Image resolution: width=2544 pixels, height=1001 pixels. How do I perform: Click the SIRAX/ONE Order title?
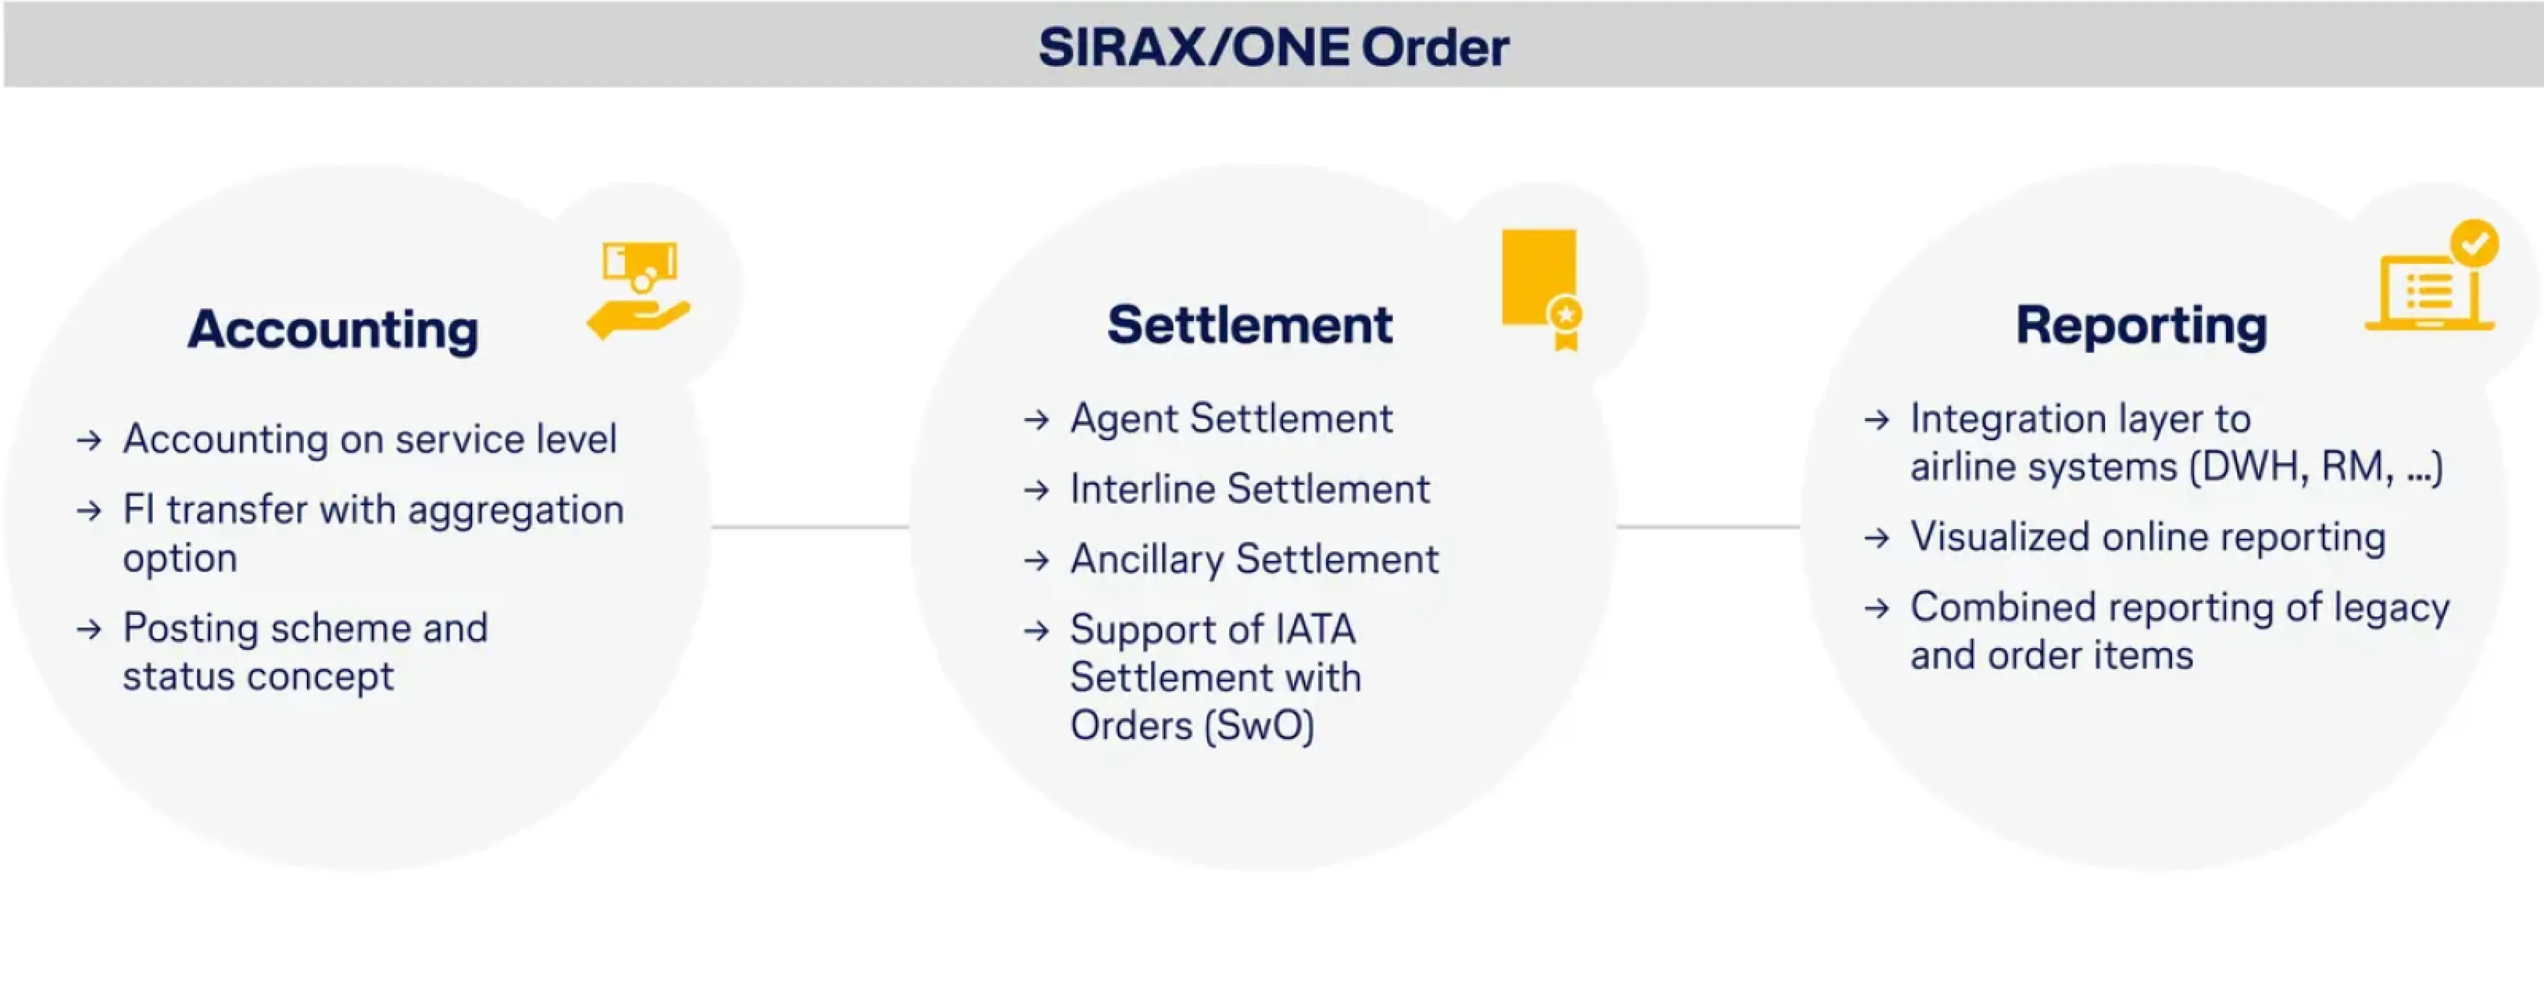click(1273, 46)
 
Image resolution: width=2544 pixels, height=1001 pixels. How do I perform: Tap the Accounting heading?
click(334, 328)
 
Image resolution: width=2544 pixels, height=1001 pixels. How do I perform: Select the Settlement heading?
click(1249, 325)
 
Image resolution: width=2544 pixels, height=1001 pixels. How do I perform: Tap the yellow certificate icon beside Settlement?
click(1542, 289)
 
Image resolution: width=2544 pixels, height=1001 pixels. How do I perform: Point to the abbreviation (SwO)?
click(1259, 726)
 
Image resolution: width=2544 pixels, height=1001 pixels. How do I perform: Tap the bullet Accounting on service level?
click(369, 439)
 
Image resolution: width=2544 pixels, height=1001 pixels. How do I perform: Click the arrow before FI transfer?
click(90, 511)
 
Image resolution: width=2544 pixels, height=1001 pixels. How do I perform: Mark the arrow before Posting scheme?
click(90, 629)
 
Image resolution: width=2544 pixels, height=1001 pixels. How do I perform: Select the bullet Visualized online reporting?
click(2148, 537)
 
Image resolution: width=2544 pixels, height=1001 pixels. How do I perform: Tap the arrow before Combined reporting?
click(1877, 608)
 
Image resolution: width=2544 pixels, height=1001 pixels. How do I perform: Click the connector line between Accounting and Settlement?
click(810, 526)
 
